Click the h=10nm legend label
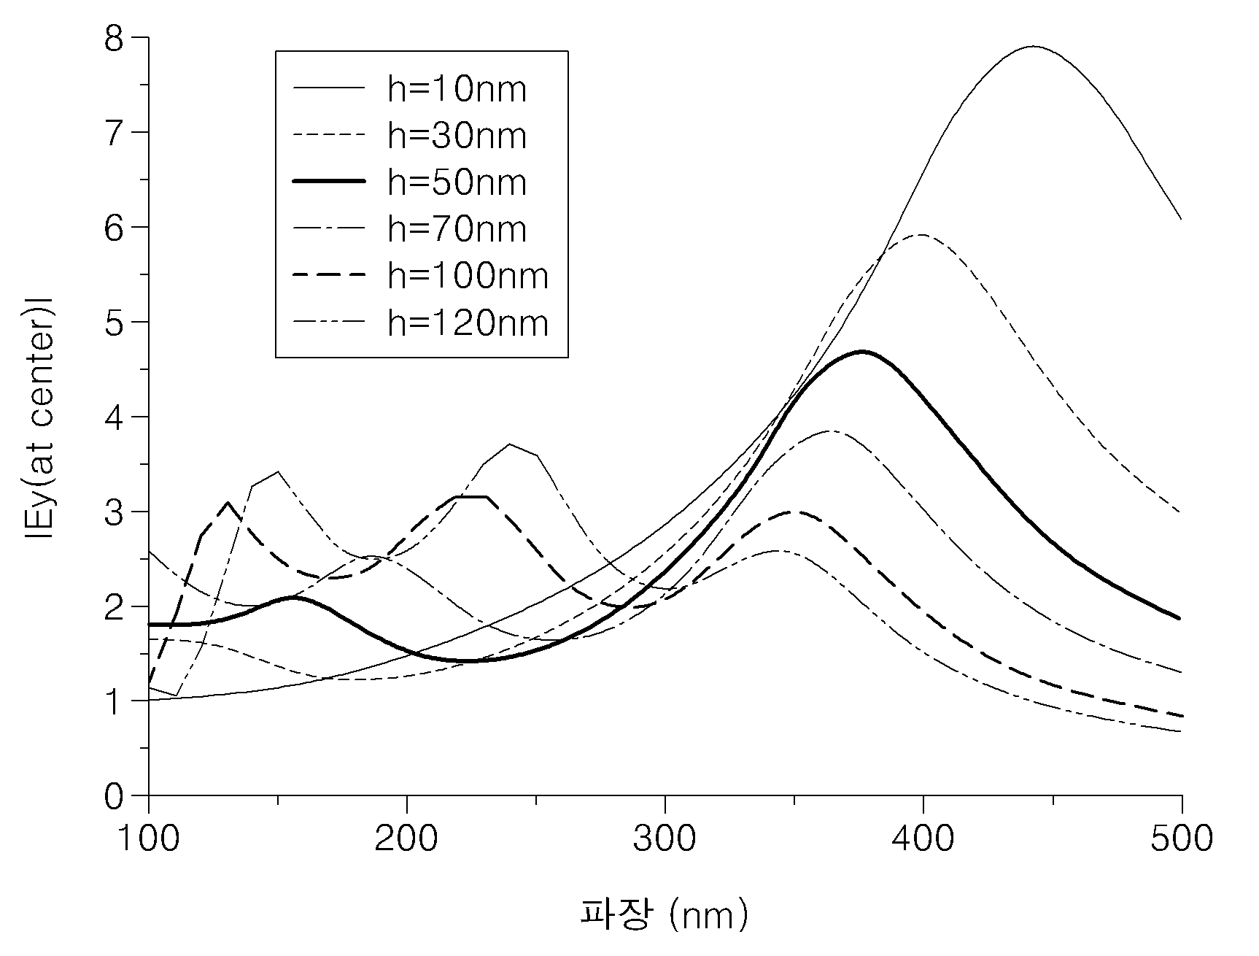pos(457,89)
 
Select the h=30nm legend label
pos(457,136)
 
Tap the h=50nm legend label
pos(457,182)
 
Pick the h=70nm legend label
pos(457,229)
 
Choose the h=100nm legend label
pos(468,276)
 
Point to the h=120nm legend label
pos(468,323)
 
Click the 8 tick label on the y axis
pos(115,38)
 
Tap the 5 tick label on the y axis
pos(115,322)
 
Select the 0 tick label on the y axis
pos(115,795)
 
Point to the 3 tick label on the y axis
pos(115,512)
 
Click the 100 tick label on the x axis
pos(149,839)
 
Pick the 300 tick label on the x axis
pos(665,839)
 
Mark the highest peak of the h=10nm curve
pos(1033,47)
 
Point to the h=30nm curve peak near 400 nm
pos(922,235)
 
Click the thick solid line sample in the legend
pos(329,182)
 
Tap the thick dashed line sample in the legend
pos(329,276)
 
